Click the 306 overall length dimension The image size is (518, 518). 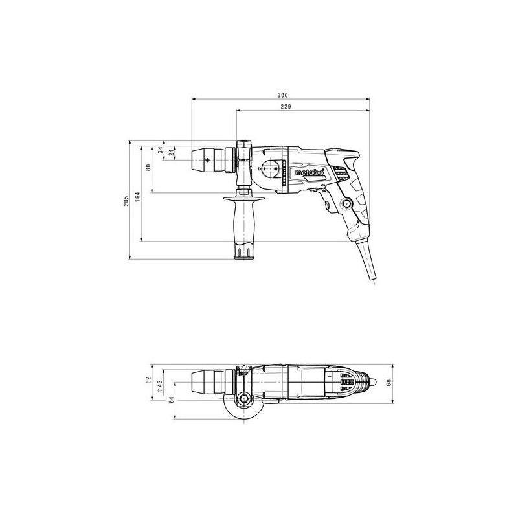click(x=282, y=95)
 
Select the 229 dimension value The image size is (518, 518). click(x=286, y=107)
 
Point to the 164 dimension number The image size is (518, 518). click(x=137, y=197)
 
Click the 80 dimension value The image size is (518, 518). click(x=148, y=167)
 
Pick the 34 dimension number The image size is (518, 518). click(x=160, y=150)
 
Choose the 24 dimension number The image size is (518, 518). click(x=171, y=152)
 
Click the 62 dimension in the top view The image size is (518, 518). click(x=148, y=380)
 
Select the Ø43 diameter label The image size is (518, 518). click(x=159, y=385)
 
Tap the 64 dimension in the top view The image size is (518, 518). click(x=171, y=400)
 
